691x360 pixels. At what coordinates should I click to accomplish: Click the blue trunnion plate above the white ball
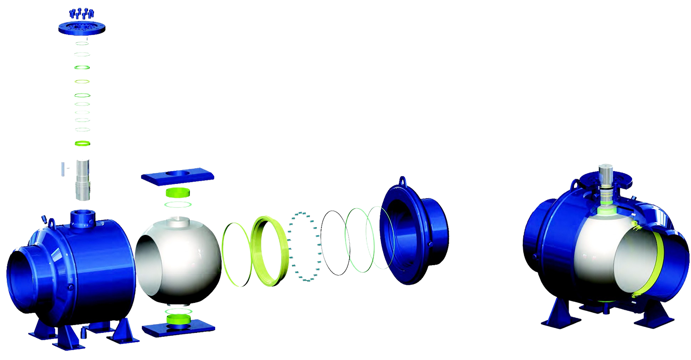(177, 177)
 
